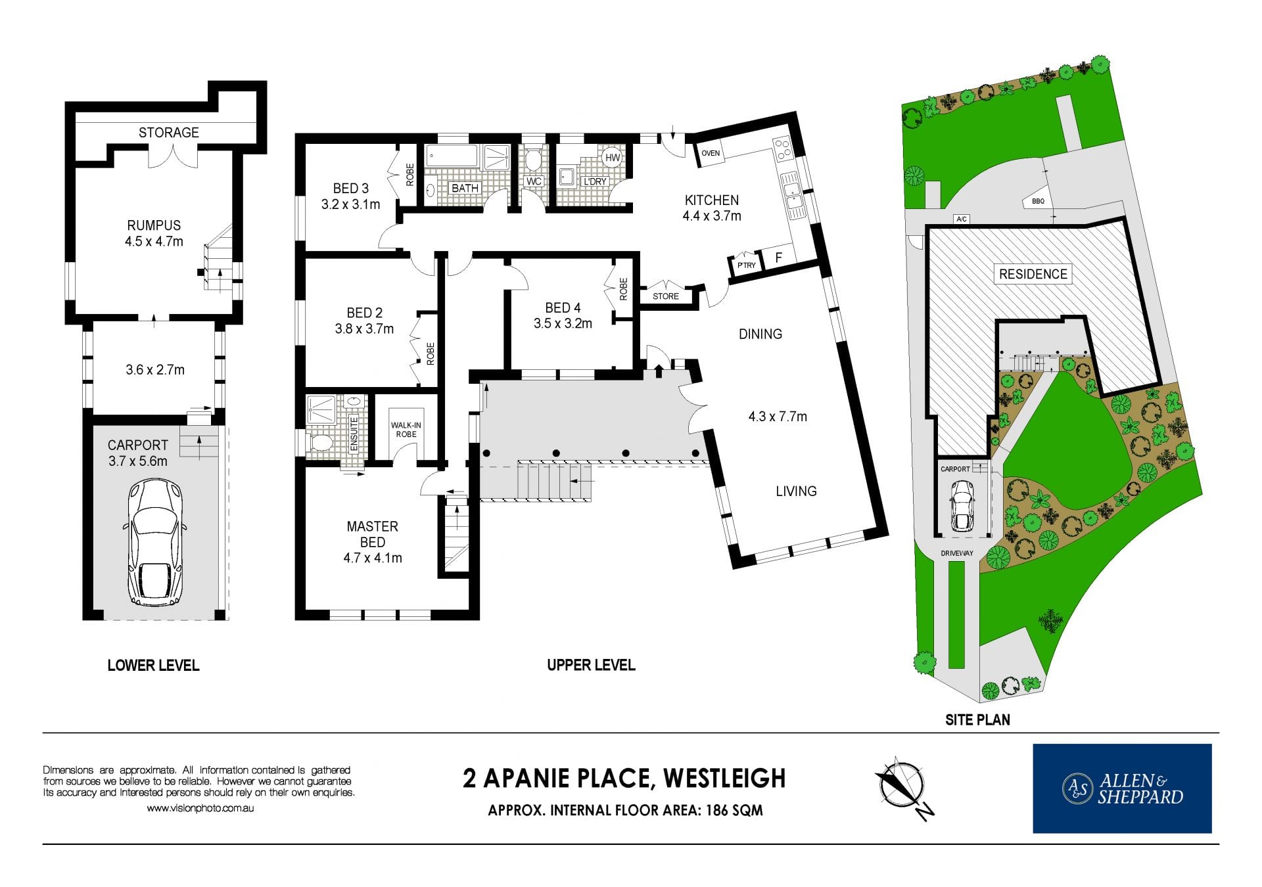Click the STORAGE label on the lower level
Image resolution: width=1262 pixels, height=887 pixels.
[x=168, y=132]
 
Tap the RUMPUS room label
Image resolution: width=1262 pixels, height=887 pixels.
[x=154, y=225]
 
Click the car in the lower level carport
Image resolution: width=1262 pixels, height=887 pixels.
[x=154, y=542]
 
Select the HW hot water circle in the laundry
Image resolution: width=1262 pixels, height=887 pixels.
[x=612, y=158]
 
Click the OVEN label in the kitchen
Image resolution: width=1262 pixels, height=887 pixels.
[x=711, y=153]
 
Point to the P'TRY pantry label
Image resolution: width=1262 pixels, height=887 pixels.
[x=747, y=265]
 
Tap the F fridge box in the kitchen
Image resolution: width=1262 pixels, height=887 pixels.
[x=779, y=258]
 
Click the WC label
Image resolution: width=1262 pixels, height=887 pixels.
[x=534, y=181]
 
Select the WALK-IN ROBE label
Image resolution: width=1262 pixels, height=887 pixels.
[x=406, y=430]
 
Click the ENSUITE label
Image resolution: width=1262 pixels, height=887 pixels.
[x=354, y=434]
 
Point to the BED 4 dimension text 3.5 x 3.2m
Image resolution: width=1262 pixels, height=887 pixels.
[x=563, y=323]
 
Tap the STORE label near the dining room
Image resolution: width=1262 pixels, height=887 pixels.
[x=666, y=296]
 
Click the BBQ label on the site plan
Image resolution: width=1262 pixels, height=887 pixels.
[x=1038, y=201]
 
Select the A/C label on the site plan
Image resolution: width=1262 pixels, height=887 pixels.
[x=962, y=219]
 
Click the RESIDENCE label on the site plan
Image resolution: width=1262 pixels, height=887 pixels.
[x=1033, y=274]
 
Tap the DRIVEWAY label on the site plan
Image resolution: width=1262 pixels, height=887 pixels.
[x=956, y=553]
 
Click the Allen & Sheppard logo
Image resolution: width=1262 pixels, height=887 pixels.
[x=1122, y=788]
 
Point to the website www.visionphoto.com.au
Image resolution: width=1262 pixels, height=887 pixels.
[x=200, y=809]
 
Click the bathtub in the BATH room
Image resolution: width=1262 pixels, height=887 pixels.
[x=452, y=156]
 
